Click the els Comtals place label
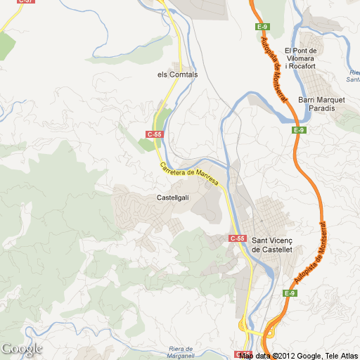(x=178, y=74)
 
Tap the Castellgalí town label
(x=172, y=198)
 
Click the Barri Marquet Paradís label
(x=321, y=104)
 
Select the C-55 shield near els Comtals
(x=155, y=134)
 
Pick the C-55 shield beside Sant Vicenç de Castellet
(x=238, y=239)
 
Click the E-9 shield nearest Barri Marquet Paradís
(x=299, y=130)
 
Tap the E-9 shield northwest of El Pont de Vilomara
(x=262, y=27)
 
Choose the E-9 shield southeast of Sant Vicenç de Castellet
(x=290, y=293)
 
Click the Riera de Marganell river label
(x=186, y=353)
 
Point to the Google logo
(x=21, y=349)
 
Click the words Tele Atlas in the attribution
(x=340, y=356)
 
